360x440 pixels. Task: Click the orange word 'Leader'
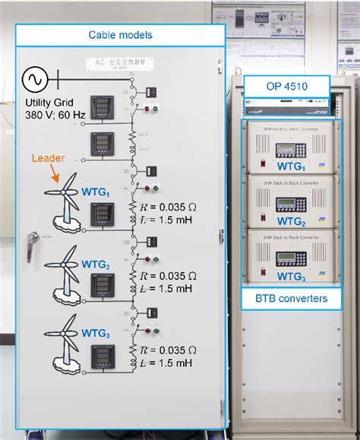click(47, 160)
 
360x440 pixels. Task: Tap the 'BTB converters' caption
click(286, 299)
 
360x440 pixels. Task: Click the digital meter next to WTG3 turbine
click(102, 357)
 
